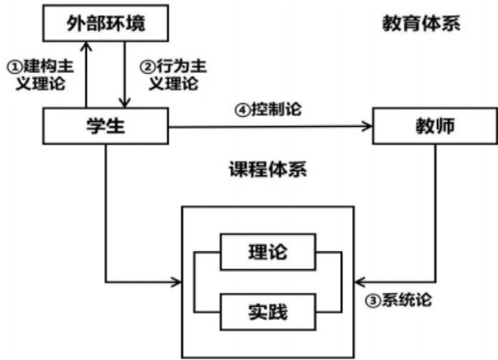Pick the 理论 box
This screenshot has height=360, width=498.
tap(269, 251)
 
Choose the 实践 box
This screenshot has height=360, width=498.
tap(269, 311)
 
